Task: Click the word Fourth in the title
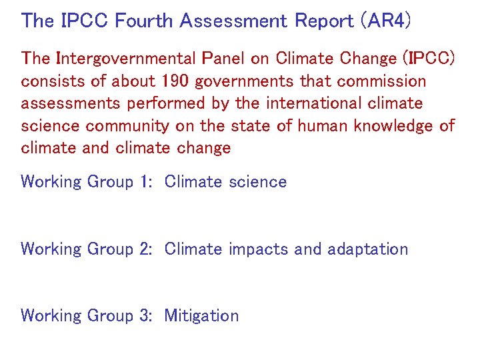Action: pyautogui.click(x=141, y=21)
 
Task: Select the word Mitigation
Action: pyautogui.click(x=201, y=315)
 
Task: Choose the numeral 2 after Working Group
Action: pyautogui.click(x=147, y=249)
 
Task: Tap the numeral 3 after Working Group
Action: pyautogui.click(x=147, y=315)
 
